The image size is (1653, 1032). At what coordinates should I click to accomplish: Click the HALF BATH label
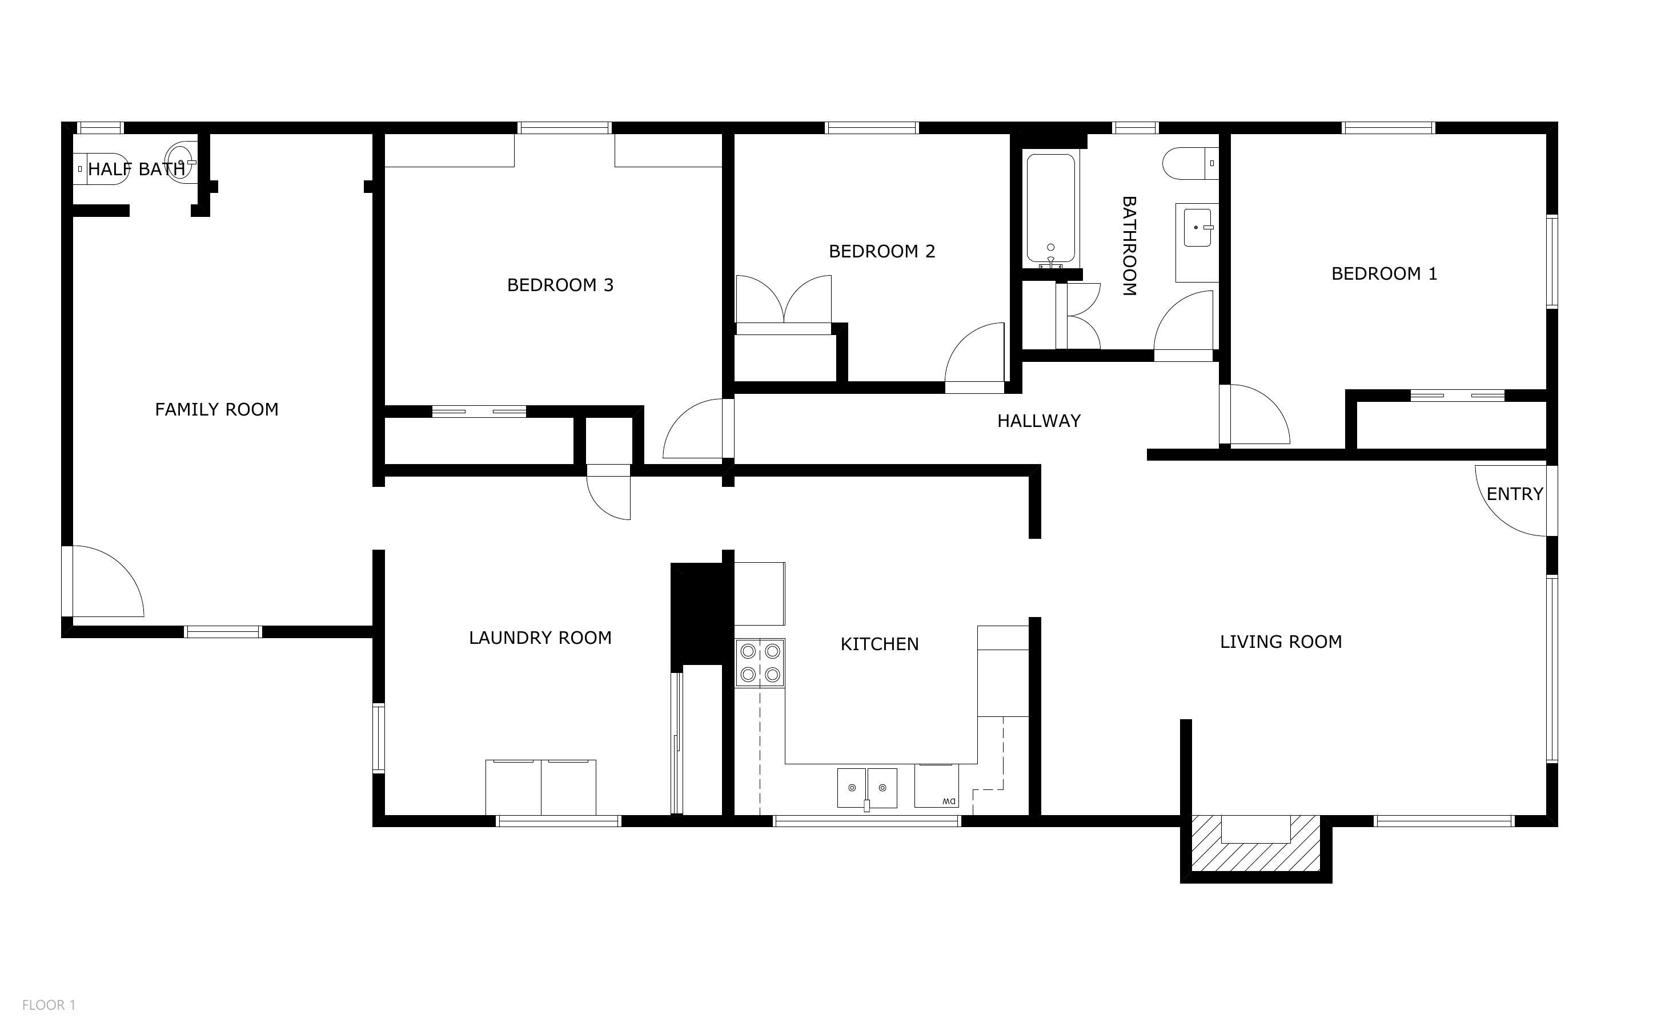coord(136,170)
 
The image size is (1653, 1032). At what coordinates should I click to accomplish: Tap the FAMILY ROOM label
coord(216,409)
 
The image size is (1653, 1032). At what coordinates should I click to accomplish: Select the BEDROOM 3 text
coord(560,285)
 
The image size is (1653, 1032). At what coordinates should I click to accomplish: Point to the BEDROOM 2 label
coord(881,252)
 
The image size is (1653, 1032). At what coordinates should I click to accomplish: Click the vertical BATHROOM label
coord(1129,245)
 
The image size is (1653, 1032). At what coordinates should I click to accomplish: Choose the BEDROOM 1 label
coord(1384,274)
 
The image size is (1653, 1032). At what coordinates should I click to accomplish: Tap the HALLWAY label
coord(1038,421)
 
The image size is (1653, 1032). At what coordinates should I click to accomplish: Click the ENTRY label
coord(1514,494)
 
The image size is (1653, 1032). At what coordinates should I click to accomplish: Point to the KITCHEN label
coord(880,644)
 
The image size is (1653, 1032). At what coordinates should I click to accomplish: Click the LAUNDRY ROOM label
coord(540,638)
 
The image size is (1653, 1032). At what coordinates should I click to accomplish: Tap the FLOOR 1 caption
coord(49,1005)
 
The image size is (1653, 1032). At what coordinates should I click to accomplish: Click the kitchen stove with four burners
coord(760,663)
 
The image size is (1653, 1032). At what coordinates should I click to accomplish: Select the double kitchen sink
coord(867,788)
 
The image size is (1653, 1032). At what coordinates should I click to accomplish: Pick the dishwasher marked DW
coord(936,787)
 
